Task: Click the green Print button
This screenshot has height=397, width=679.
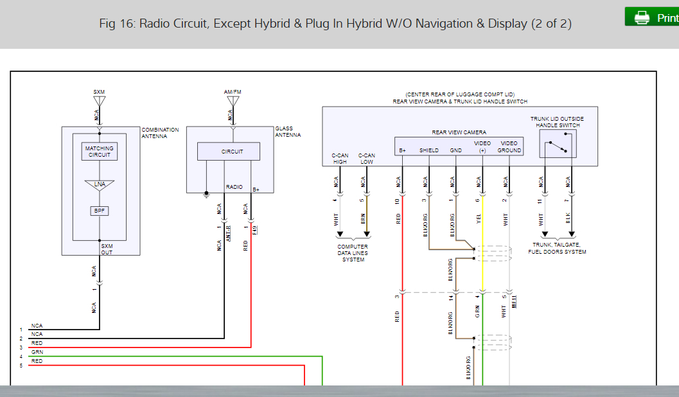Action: pos(651,17)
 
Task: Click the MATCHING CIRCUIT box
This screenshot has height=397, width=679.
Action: pos(100,152)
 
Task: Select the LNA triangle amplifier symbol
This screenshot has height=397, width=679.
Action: pos(100,184)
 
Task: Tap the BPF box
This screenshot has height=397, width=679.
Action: pos(100,210)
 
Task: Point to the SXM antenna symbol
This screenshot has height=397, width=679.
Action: pos(99,101)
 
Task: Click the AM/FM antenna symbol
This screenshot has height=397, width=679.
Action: pos(233,101)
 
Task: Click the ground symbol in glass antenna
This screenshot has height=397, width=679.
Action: pos(206,193)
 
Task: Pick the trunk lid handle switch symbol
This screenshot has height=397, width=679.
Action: pos(556,148)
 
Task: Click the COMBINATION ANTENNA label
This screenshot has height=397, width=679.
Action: pos(160,133)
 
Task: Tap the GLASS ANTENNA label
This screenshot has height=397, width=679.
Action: pos(288,132)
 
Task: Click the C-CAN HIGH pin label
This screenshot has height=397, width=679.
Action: pos(340,159)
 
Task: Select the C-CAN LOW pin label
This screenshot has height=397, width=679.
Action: pos(366,159)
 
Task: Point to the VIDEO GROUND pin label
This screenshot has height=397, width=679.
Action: pos(509,146)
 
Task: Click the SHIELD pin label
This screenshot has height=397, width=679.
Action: pos(428,150)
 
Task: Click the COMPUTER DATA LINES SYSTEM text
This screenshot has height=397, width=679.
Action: pos(353,253)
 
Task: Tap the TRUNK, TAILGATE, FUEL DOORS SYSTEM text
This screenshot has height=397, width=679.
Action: pos(557,248)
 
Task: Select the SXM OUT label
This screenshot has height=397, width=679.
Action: pos(107,249)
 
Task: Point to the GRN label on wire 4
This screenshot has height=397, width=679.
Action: pos(37,353)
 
